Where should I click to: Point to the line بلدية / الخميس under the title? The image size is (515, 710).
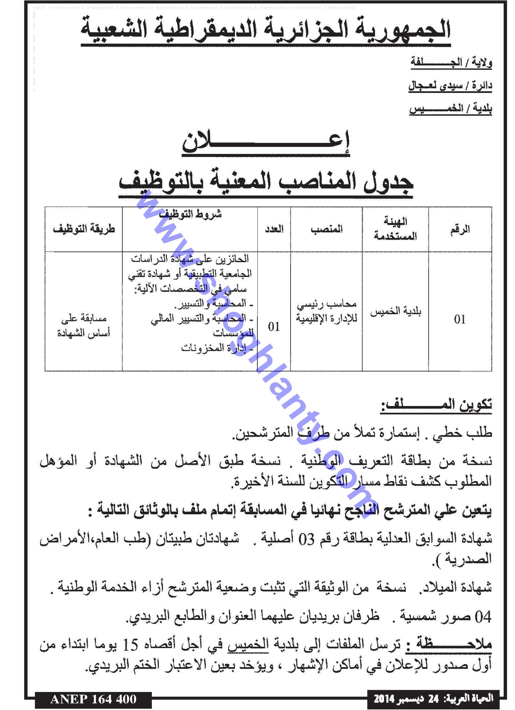pyautogui.click(x=450, y=109)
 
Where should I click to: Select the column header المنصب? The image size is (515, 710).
pyautogui.click(x=326, y=229)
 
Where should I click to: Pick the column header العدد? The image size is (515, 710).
pyautogui.click(x=274, y=229)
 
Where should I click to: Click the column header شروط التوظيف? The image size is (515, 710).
pyautogui.click(x=190, y=215)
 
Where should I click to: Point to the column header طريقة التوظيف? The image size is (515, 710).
pyautogui.click(x=84, y=229)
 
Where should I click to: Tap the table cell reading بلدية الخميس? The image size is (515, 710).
pyautogui.click(x=395, y=311)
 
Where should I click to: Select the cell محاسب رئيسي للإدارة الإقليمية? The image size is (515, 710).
pyautogui.click(x=326, y=311)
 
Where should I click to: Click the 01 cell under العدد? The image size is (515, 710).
pyautogui.click(x=274, y=327)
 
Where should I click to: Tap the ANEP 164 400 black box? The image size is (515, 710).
pyautogui.click(x=93, y=699)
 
